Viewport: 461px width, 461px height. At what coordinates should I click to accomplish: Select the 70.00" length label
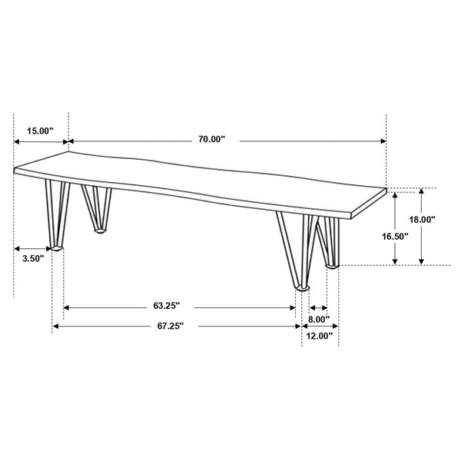pos(211,139)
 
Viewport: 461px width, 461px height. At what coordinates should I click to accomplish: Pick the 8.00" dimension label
pos(319,319)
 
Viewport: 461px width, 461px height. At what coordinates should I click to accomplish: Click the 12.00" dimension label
pos(319,336)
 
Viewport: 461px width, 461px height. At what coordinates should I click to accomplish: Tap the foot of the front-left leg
pos(56,248)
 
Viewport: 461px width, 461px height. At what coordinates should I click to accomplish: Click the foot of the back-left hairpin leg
pos(100,229)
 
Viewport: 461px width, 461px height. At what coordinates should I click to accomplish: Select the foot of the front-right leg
pos(303,287)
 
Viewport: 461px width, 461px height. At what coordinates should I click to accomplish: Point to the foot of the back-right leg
pos(332,265)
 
